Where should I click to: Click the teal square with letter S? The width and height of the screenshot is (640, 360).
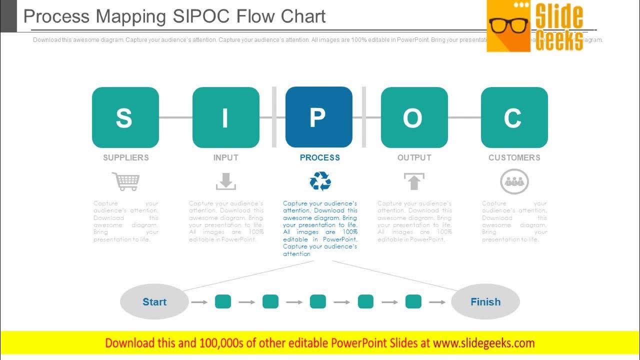(125, 117)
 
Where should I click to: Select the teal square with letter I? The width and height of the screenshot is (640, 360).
(225, 117)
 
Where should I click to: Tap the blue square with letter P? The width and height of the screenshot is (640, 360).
(318, 117)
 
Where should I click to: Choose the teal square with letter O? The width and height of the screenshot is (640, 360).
(414, 117)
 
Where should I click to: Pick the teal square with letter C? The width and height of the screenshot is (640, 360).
(514, 117)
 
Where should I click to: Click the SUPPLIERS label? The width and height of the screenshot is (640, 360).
(126, 157)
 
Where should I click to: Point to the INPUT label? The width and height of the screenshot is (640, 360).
(226, 157)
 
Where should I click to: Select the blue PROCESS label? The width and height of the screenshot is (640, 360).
(320, 157)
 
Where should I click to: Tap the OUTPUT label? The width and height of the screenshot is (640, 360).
(414, 157)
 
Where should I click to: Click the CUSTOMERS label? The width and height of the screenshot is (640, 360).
(514, 157)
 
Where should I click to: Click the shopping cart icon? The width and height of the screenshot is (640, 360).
(126, 181)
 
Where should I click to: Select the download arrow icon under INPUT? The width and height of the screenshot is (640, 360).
(226, 181)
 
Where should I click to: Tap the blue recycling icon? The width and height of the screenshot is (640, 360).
(320, 181)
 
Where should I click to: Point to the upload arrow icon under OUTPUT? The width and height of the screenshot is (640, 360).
(414, 181)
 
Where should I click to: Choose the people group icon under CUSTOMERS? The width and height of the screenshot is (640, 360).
(514, 182)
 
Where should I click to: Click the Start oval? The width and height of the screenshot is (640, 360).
(154, 301)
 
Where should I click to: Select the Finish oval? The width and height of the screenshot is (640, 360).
(485, 301)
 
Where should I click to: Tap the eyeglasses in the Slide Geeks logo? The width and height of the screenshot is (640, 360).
(508, 25)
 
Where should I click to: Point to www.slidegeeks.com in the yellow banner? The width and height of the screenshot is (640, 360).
(484, 343)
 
